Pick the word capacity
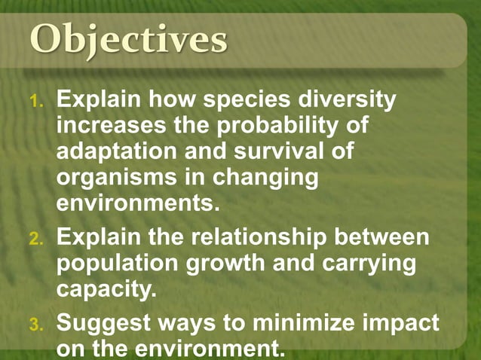(x=106, y=291)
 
